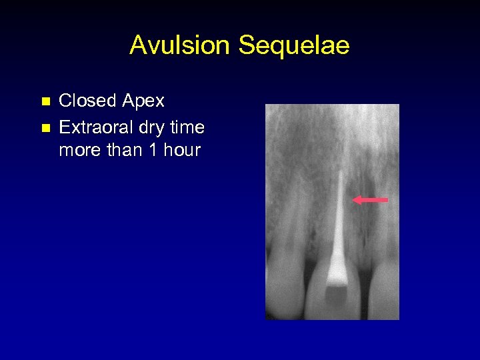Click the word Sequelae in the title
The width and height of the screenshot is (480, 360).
(293, 46)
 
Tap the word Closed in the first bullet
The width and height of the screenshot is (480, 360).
(87, 101)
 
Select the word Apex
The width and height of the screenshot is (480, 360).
(143, 101)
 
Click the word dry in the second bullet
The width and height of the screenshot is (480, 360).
(157, 127)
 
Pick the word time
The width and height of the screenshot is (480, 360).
(188, 126)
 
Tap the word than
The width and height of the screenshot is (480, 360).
(126, 150)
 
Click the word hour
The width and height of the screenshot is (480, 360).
(182, 150)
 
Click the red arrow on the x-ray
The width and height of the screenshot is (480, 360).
(371, 199)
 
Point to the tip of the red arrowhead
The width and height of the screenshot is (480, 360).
(354, 199)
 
